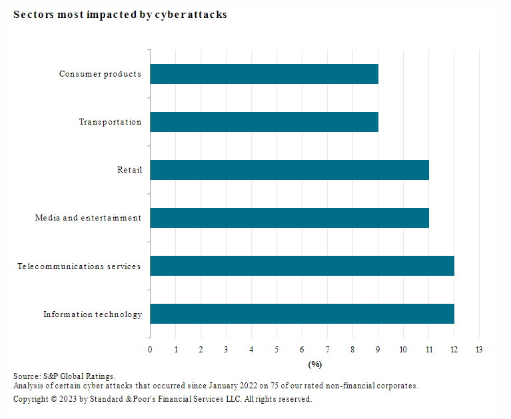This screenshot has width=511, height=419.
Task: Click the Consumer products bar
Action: pyautogui.click(x=264, y=74)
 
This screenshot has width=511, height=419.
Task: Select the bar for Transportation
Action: pyautogui.click(x=264, y=122)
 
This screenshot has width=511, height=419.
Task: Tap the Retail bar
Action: pyautogui.click(x=289, y=170)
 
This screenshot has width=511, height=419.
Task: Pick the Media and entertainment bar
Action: pyautogui.click(x=289, y=218)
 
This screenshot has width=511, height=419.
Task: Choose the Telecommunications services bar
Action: pyautogui.click(x=302, y=266)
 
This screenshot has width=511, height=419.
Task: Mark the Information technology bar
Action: pyautogui.click(x=302, y=314)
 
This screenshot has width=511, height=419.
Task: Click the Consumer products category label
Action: pyautogui.click(x=100, y=74)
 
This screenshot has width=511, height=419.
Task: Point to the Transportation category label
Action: pyautogui.click(x=110, y=122)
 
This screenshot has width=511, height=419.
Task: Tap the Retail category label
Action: pyautogui.click(x=129, y=170)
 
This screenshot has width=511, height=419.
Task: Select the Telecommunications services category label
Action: pyautogui.click(x=79, y=266)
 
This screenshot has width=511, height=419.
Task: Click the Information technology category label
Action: pyautogui.click(x=92, y=314)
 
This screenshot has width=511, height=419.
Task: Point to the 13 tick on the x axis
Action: pyautogui.click(x=479, y=350)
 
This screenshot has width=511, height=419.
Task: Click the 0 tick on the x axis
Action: pyautogui.click(x=150, y=350)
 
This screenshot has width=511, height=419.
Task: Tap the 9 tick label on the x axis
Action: pyautogui.click(x=378, y=350)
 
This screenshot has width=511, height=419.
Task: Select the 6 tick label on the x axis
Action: pyautogui.click(x=302, y=350)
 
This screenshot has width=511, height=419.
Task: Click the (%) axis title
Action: pyautogui.click(x=314, y=364)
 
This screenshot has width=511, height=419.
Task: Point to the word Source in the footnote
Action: pyautogui.click(x=25, y=376)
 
